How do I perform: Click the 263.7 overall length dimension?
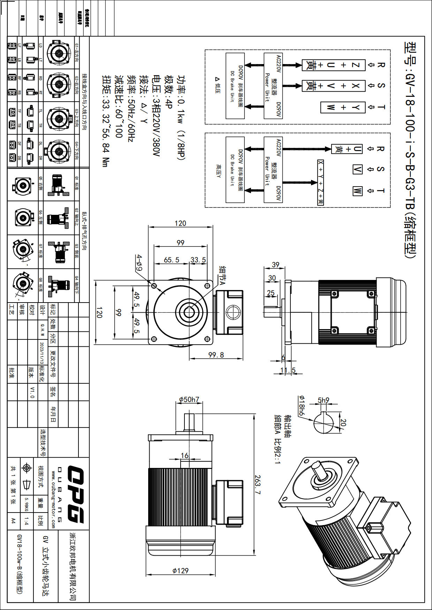click(x=258, y=485)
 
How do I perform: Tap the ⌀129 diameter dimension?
click(x=180, y=571)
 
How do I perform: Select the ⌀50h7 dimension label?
click(x=189, y=399)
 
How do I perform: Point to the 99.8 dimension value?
click(x=216, y=355)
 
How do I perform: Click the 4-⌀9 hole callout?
click(x=139, y=263)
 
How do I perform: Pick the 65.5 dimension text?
click(x=172, y=260)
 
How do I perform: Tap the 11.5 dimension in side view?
click(x=288, y=370)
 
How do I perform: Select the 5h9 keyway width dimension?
click(x=323, y=400)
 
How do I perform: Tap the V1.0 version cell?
click(x=32, y=392)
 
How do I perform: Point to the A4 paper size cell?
click(x=13, y=521)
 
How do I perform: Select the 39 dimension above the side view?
click(x=275, y=265)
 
